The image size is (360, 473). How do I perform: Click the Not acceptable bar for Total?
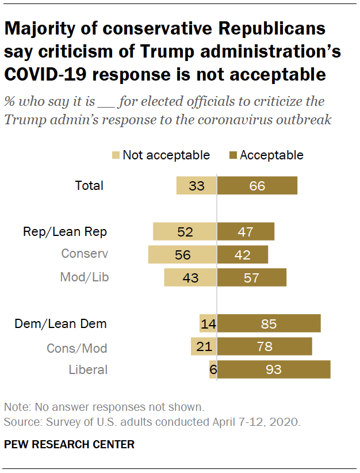tap(196, 185)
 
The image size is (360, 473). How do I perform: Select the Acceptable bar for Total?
tap(257, 185)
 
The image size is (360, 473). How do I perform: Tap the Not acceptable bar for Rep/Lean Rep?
tap(185, 231)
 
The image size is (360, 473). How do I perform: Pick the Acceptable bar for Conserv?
tap(242, 254)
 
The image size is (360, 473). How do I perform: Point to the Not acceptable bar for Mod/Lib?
tap(190, 277)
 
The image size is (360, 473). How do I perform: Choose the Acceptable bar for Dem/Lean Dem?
tap(269, 323)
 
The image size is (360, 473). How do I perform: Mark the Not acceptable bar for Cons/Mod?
tap(204, 346)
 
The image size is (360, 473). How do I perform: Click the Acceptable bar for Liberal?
tap(274, 369)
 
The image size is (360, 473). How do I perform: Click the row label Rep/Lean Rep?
tap(65, 231)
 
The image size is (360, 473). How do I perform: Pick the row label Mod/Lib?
tap(85, 277)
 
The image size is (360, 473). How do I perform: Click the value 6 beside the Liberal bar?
tap(213, 369)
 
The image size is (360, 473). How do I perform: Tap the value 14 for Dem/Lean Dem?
tap(209, 323)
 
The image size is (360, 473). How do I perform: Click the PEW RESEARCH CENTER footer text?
tap(69, 444)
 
